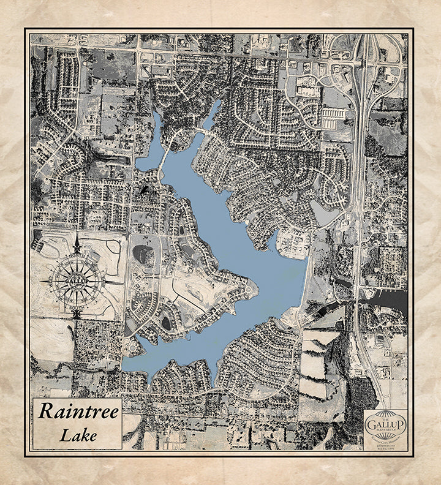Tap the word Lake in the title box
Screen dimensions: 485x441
click(x=78, y=435)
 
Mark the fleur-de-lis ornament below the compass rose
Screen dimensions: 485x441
click(x=77, y=314)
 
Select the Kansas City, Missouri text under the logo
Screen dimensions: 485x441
click(x=385, y=440)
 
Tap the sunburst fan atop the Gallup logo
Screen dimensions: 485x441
click(x=385, y=415)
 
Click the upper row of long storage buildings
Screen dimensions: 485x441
click(x=333, y=112)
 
